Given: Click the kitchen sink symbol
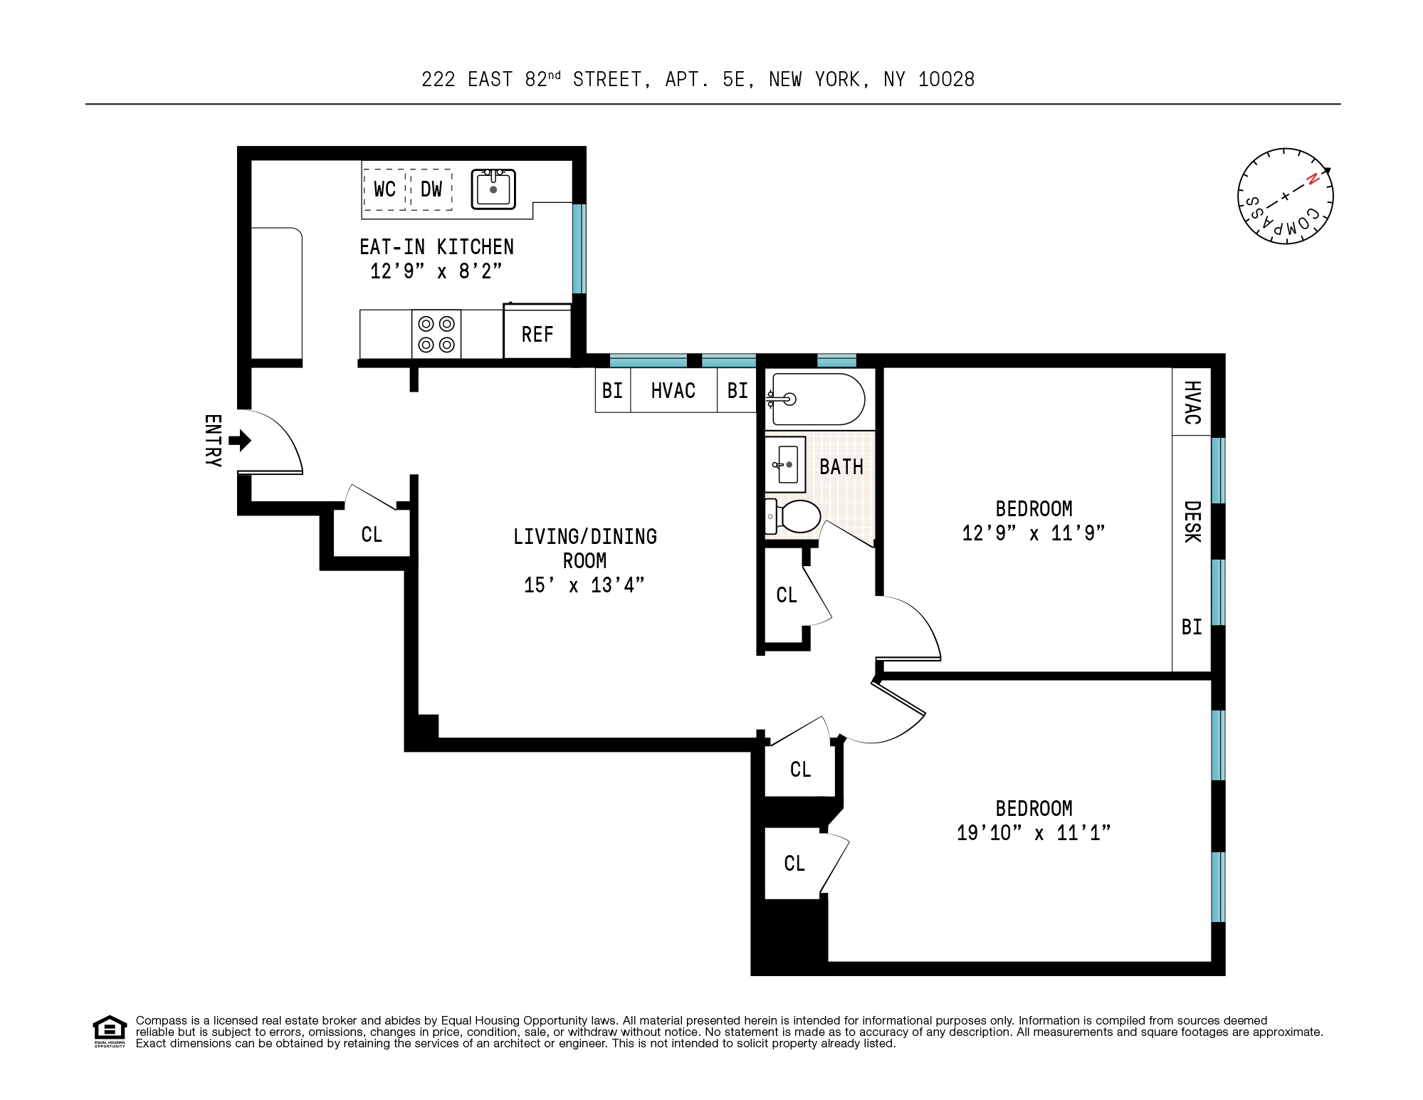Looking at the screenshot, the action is point(493,189).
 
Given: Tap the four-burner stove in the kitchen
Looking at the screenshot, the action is point(436,334).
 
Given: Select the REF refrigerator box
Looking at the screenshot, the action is point(537,332).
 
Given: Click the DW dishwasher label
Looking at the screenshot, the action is point(431,189).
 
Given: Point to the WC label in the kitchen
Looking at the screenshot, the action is point(384,189).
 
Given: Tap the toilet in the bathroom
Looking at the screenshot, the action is point(792,516).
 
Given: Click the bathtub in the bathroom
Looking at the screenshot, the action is point(816,399).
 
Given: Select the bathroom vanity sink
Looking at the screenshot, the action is point(785,464).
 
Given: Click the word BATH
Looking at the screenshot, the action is point(841,467).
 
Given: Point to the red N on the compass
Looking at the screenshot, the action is point(1312,179).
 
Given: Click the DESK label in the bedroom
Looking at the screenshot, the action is point(1192,522).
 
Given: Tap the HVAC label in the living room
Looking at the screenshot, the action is point(673,390).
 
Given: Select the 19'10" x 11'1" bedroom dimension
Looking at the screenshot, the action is point(1034,832).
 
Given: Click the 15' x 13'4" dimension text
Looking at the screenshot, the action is point(584,585).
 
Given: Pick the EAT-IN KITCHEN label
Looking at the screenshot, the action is point(436,247).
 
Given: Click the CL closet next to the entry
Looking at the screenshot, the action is point(372,534).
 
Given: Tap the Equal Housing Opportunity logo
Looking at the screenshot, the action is point(110,1032).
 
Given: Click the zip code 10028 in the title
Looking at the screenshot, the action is point(946,79).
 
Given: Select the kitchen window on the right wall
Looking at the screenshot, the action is point(579,248).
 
